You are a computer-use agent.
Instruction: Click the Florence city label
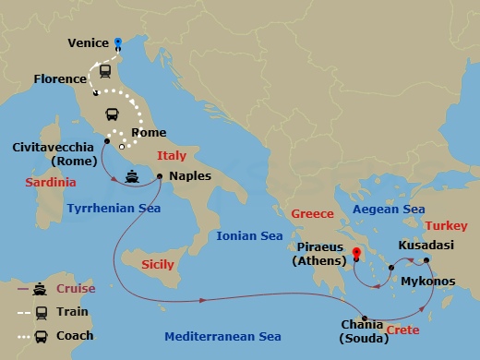[60, 79]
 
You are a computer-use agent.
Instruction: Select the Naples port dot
[160, 176]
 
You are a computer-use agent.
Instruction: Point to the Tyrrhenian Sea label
[114, 209]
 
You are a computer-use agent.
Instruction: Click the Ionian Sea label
[249, 236]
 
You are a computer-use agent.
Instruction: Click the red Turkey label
[447, 225]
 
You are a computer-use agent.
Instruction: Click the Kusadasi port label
[426, 246]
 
